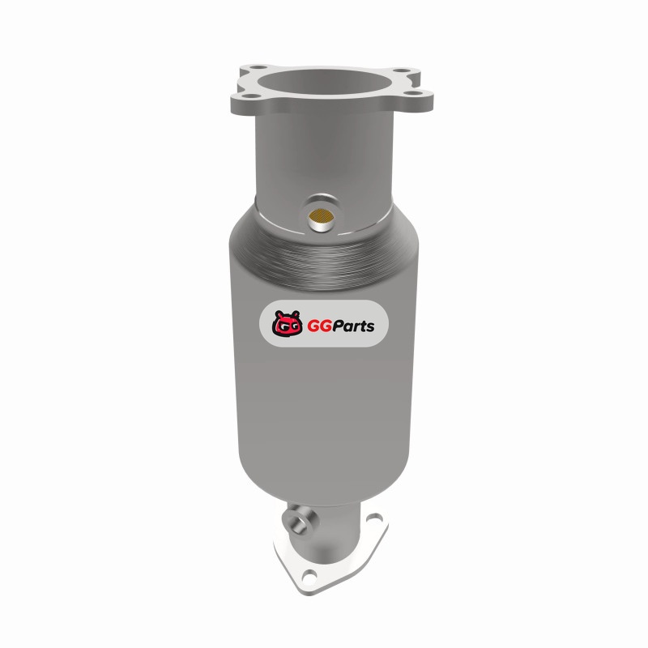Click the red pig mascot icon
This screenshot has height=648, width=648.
point(287,323)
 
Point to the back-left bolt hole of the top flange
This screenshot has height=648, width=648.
point(258,67)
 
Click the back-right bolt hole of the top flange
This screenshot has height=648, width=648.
point(402,71)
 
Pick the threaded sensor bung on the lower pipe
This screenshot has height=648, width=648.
point(299,521)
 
